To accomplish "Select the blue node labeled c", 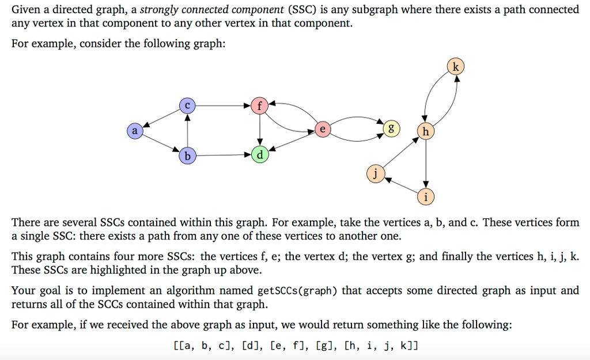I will [x=187, y=105].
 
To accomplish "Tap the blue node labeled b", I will [x=187, y=156].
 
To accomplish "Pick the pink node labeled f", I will [x=260, y=105].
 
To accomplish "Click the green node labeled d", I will [x=260, y=155].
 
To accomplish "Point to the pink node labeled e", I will [x=323, y=130].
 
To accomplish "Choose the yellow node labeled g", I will [x=391, y=128].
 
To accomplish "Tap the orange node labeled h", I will [x=425, y=132].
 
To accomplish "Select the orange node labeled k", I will [x=456, y=67].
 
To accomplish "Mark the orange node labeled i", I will [x=425, y=197].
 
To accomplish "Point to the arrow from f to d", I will [x=260, y=130].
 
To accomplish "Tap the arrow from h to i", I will [x=425, y=164].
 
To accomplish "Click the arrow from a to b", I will [x=161, y=143].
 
